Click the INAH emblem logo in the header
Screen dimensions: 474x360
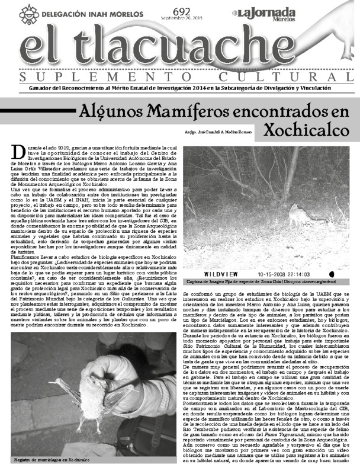(x=29, y=12)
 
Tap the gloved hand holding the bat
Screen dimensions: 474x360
(x=130, y=391)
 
